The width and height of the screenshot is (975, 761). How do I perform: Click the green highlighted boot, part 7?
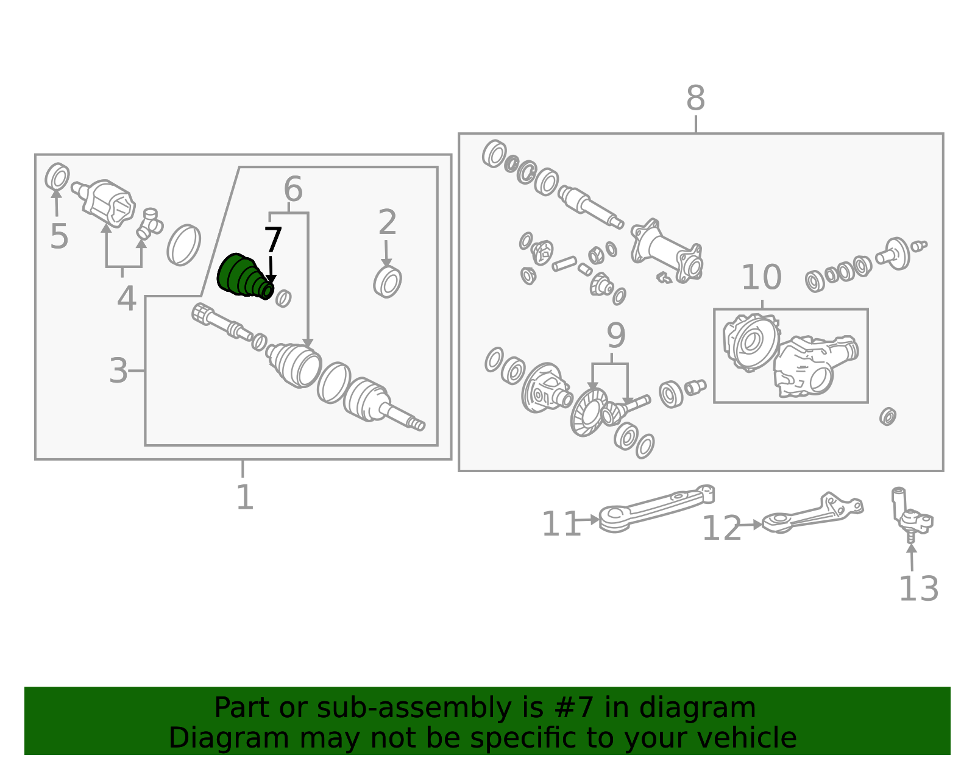244,276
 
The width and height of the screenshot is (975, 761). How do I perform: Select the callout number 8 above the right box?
695,97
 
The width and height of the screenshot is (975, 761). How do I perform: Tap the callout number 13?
918,589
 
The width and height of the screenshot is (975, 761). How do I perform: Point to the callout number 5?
59,236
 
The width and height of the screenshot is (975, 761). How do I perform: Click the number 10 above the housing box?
762,277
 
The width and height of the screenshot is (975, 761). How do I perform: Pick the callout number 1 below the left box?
245,497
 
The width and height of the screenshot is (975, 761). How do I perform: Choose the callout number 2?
387,222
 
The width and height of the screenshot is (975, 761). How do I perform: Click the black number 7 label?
273,240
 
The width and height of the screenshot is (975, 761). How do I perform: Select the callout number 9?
615,336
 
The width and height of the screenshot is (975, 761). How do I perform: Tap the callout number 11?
561,524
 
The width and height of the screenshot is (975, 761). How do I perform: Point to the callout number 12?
721,528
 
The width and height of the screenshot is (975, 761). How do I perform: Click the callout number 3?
118,371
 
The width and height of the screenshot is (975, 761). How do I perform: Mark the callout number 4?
127,299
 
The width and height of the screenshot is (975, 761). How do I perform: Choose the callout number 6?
293,189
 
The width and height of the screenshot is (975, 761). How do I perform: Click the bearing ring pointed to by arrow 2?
387,281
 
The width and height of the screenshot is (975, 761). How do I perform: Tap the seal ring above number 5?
57,177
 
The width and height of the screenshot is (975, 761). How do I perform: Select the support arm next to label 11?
656,509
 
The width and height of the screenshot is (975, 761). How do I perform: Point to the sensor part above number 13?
911,515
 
